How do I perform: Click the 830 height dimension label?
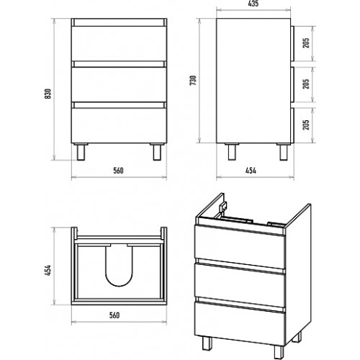click(48, 94)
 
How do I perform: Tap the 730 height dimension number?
click(193, 81)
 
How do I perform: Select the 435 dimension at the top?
click(253, 4)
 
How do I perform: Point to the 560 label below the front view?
click(118, 171)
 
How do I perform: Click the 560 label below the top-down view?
click(114, 315)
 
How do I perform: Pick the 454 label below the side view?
click(251, 171)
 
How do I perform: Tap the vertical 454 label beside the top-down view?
click(48, 270)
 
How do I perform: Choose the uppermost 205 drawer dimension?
click(306, 43)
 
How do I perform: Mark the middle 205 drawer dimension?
click(306, 84)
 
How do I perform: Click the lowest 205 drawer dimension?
click(306, 125)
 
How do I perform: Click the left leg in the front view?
click(81, 152)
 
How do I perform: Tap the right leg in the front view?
click(157, 152)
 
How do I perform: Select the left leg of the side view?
click(232, 152)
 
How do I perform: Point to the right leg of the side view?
click(284, 152)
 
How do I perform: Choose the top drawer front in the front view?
click(119, 43)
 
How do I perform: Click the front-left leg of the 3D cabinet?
click(207, 343)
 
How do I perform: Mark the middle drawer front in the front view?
click(119, 84)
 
